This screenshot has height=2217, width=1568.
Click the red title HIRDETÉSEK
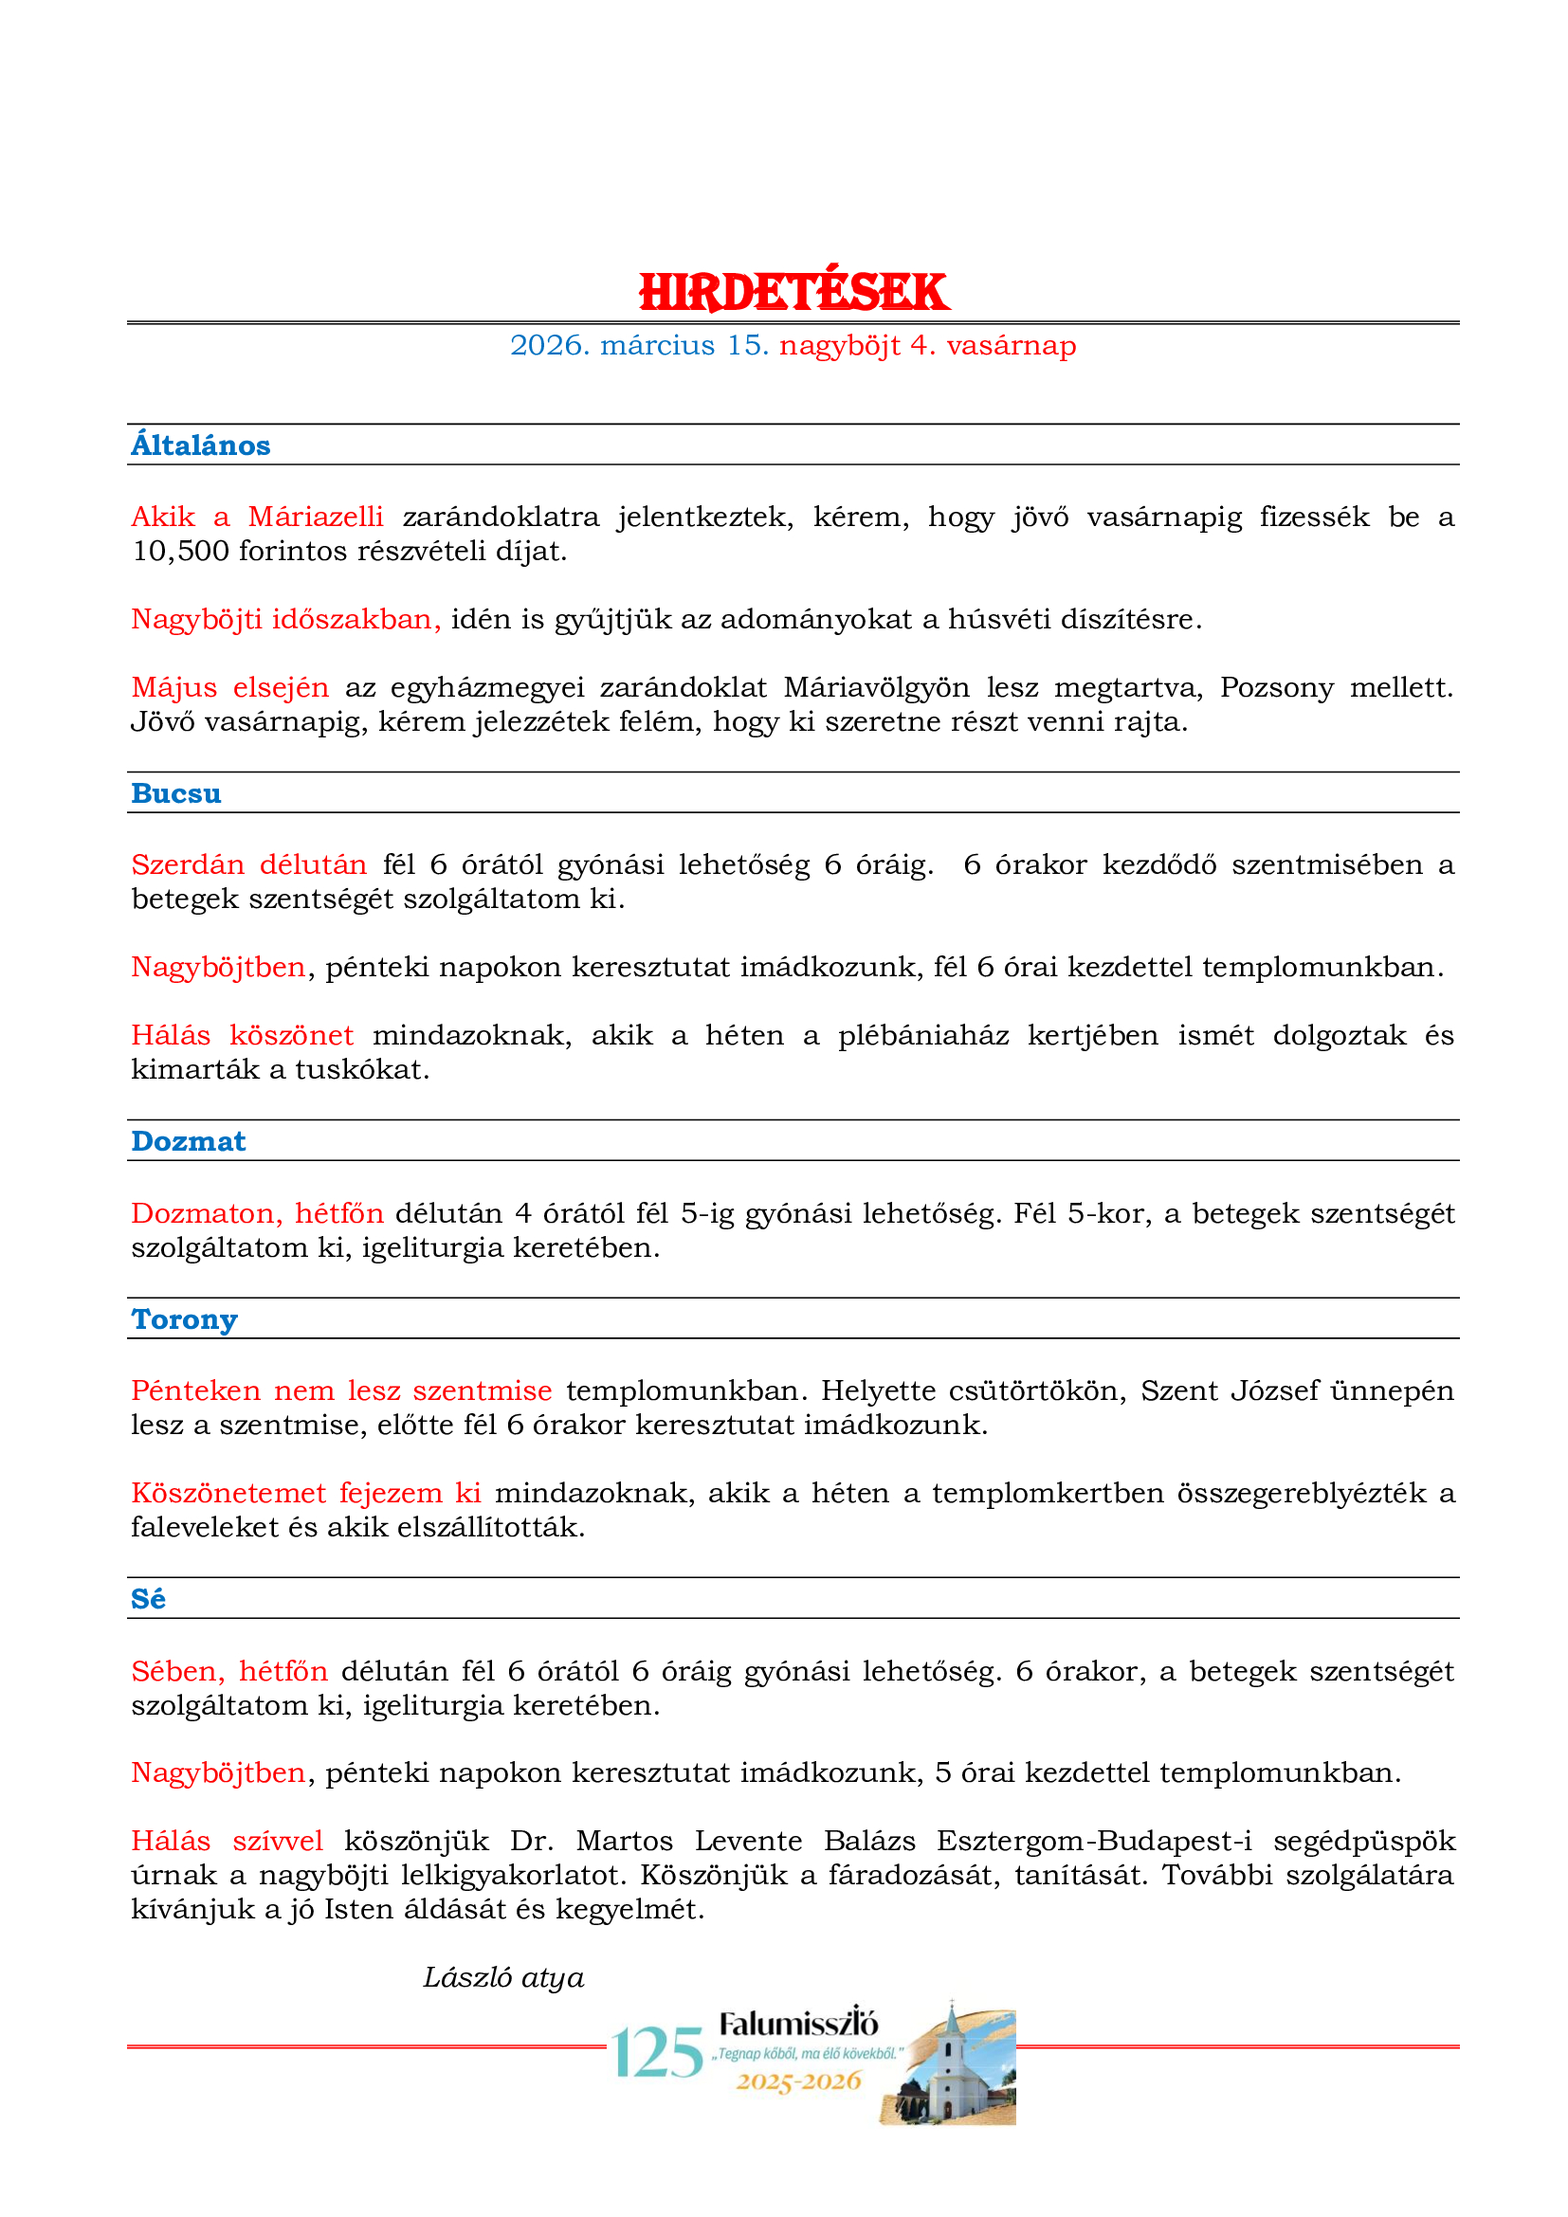click(793, 292)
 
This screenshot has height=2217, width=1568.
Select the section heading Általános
click(201, 445)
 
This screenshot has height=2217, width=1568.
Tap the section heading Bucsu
click(175, 792)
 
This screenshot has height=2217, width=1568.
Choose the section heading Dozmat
click(189, 1141)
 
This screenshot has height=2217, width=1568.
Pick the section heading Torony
click(184, 1319)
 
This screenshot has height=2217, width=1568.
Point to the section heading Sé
click(148, 1599)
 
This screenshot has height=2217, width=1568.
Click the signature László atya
click(503, 1977)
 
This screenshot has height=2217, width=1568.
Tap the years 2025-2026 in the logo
click(798, 2081)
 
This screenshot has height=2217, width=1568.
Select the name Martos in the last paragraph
click(624, 1842)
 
